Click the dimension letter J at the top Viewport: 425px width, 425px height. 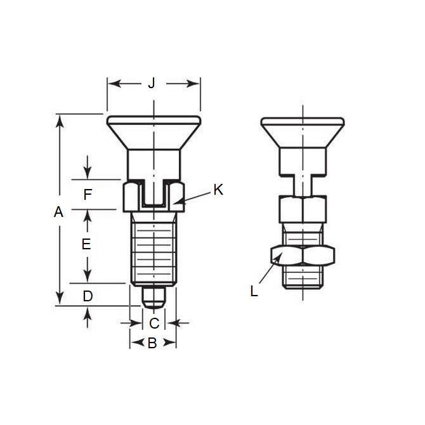point(152,83)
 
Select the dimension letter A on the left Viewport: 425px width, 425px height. point(59,213)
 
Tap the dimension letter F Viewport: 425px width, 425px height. point(88,195)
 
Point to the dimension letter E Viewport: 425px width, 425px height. point(88,244)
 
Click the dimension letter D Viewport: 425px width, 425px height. point(88,295)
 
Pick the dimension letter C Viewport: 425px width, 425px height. point(154,323)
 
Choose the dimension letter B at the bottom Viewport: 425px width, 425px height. point(152,343)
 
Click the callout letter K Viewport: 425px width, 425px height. point(218,189)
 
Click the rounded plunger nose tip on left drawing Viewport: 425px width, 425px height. point(153,299)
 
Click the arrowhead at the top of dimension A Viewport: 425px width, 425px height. point(59,119)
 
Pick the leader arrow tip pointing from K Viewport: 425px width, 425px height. point(176,203)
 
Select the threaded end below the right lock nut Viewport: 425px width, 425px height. point(303,277)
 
